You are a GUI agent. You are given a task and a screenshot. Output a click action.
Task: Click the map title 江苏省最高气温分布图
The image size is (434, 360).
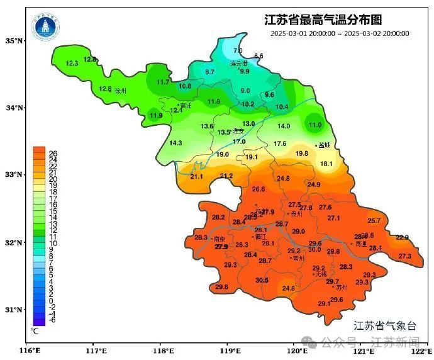(x=323, y=20)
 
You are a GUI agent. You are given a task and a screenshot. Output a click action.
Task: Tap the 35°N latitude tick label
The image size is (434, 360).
(x=14, y=41)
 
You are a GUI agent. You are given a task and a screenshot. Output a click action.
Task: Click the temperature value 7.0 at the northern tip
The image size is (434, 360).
(x=238, y=50)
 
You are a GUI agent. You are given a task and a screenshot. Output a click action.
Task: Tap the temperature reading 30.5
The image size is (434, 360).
(x=262, y=280)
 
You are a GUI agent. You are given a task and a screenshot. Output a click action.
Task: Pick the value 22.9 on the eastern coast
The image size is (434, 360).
(x=402, y=237)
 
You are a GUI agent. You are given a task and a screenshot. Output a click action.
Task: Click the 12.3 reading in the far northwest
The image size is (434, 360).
(x=72, y=64)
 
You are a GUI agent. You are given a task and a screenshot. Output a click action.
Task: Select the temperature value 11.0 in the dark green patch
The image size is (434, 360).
(x=315, y=125)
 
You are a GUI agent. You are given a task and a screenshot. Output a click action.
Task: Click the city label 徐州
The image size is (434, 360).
(x=121, y=91)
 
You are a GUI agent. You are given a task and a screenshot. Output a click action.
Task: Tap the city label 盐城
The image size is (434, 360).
(x=325, y=145)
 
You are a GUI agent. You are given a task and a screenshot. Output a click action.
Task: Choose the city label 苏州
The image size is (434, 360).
(x=342, y=287)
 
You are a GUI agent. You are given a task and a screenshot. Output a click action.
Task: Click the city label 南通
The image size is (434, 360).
(x=360, y=243)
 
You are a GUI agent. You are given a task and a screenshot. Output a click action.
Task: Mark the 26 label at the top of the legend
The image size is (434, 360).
(x=53, y=152)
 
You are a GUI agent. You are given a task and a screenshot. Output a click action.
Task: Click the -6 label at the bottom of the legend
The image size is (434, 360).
(x=52, y=320)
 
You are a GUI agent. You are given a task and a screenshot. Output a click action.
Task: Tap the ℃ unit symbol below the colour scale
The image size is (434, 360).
(x=35, y=330)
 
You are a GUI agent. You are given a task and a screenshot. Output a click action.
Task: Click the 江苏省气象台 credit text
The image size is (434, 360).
(x=385, y=325)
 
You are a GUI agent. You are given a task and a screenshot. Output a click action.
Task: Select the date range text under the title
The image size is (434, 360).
(x=340, y=33)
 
